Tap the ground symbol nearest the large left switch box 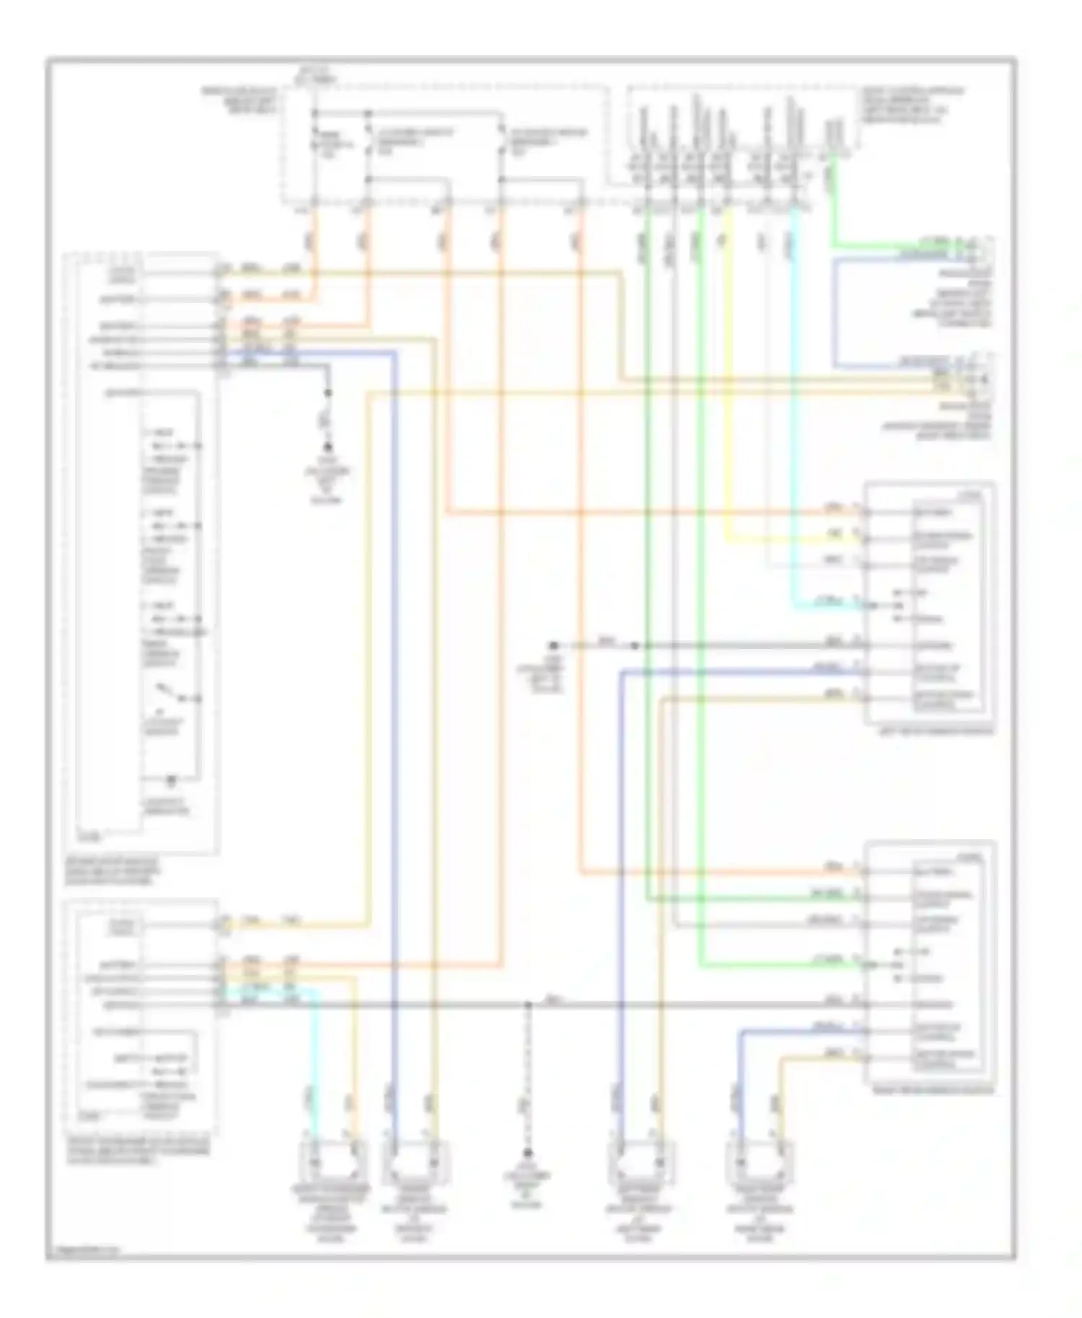328,448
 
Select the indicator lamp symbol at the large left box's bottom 172,781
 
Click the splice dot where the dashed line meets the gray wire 527,1004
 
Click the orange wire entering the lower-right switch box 721,872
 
